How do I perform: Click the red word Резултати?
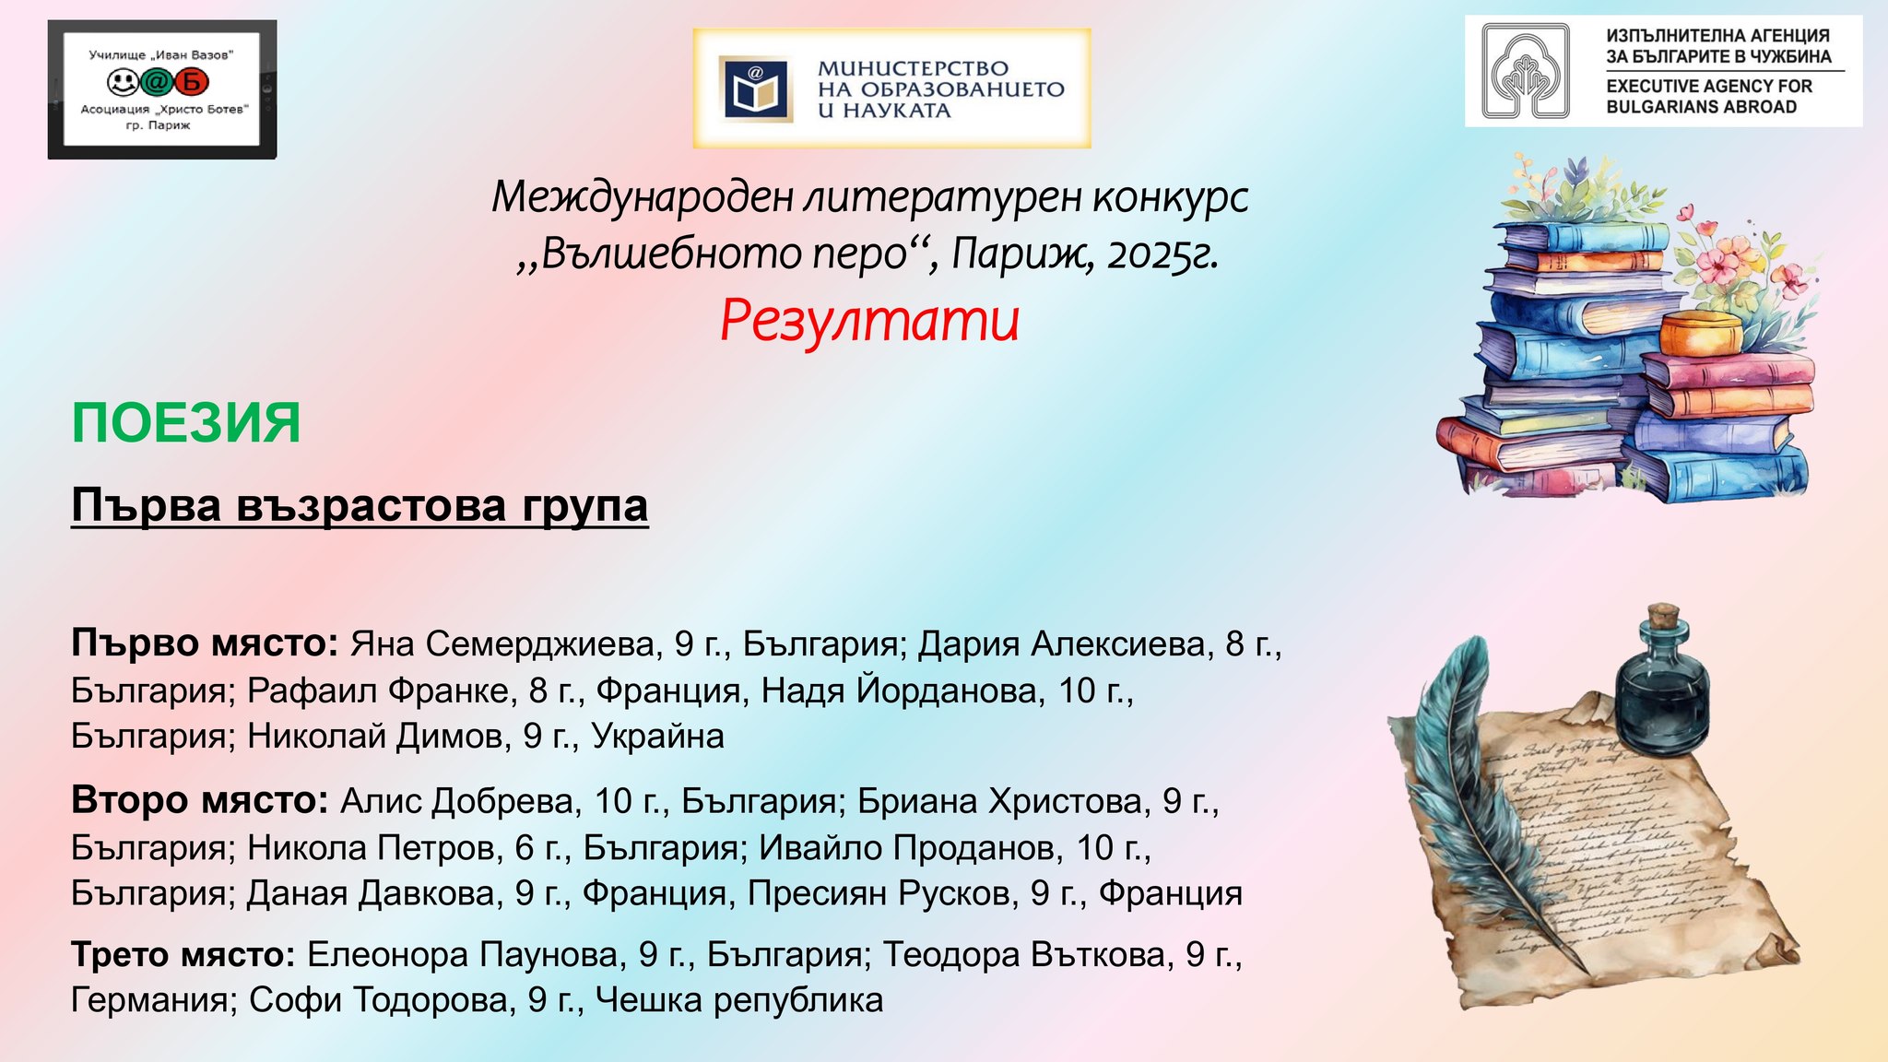[869, 321]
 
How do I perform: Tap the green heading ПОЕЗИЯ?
[186, 423]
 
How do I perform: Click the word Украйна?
[657, 736]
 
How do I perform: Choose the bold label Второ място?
[200, 800]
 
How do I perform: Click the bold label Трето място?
[183, 954]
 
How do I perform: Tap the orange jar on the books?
[1702, 333]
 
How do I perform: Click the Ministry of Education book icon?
[756, 89]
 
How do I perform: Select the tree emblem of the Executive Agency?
[1526, 71]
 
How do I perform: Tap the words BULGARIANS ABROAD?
[1701, 107]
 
